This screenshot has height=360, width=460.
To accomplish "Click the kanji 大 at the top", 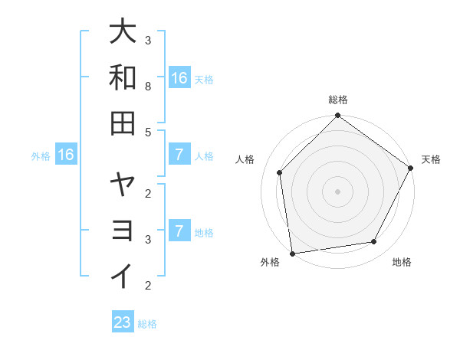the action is pos(123,31).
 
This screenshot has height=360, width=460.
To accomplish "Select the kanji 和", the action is pos(123,77).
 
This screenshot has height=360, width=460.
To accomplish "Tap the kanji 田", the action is pos(123,123).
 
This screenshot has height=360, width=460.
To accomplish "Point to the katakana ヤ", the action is pos(123,184).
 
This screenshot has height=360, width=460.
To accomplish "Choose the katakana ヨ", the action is pos(123,230).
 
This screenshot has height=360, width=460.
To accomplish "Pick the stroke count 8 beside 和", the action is pos(149,87).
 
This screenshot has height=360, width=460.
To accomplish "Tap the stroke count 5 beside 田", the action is pos(149,132).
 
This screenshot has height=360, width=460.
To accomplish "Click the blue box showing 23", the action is pos(122,322).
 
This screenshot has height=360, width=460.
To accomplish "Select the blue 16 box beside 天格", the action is pos(179,78).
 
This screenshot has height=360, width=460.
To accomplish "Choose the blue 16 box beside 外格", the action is pos(66,155).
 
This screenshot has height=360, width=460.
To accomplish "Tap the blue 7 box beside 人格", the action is pos(179,155).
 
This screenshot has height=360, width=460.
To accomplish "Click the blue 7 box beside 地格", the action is pos(179,231).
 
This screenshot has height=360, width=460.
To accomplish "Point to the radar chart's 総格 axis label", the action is pos(337,100).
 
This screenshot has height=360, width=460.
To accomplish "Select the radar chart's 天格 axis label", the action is pos(431,159).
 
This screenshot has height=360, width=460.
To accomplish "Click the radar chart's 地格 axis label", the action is pos(402,262).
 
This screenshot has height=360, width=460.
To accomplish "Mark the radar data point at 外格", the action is pos(292,253).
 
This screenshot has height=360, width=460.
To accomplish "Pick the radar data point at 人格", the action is pos(280,172).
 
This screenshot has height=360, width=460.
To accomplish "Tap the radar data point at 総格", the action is pos(337,116).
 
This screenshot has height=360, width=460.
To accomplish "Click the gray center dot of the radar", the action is pos(337,191).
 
